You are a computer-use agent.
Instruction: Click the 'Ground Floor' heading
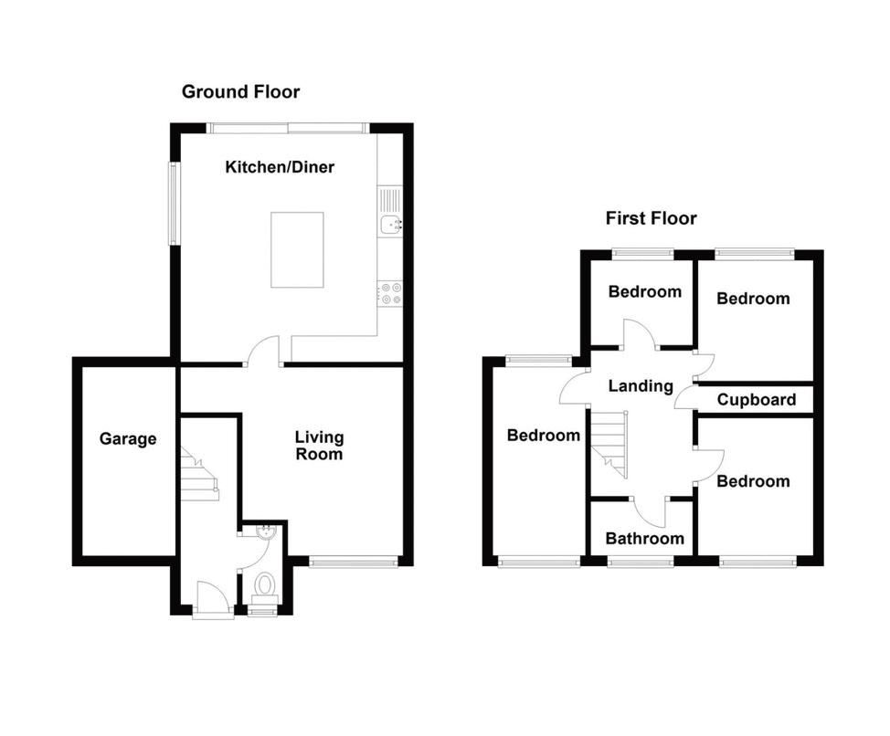click(240, 91)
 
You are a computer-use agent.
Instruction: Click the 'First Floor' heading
click(651, 218)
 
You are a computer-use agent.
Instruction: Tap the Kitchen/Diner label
click(280, 167)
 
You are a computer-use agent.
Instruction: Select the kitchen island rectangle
click(297, 249)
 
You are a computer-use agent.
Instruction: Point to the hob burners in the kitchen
click(391, 293)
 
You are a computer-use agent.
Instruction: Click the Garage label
click(128, 439)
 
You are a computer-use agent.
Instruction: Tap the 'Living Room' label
click(318, 446)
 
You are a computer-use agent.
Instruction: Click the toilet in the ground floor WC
click(266, 584)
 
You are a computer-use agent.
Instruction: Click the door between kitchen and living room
click(265, 352)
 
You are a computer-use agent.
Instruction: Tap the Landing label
click(641, 386)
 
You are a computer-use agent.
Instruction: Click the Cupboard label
click(756, 400)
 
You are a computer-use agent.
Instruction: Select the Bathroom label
click(644, 539)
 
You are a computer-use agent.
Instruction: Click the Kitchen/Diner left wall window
click(173, 204)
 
